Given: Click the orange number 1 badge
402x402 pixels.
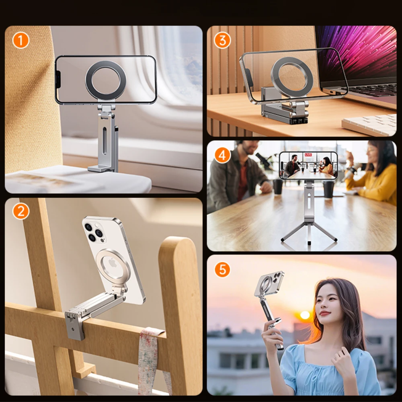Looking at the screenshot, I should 21,41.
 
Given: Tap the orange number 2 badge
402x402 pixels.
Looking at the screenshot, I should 21,211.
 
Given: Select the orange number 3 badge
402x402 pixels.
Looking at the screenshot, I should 222,41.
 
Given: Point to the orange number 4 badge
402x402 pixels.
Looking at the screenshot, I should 222,155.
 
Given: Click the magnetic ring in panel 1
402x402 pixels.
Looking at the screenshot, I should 106,80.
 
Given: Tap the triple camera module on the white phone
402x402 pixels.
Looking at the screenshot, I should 94,233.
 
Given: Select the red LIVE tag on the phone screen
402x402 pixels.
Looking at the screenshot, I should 308,155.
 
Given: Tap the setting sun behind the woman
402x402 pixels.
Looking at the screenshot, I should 305,315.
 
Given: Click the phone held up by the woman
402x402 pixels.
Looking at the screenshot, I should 269,284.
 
